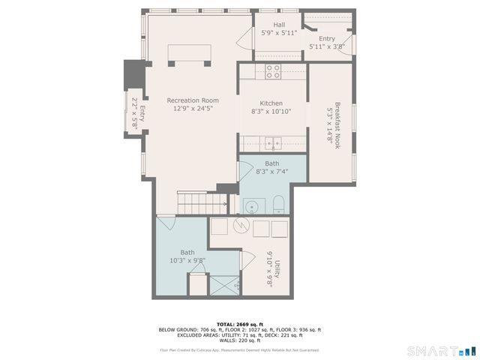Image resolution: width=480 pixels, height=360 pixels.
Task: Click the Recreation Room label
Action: (x=193, y=100)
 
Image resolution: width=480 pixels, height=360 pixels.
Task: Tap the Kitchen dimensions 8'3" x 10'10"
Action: (x=271, y=112)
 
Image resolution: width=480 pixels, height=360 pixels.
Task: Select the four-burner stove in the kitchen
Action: (x=273, y=71)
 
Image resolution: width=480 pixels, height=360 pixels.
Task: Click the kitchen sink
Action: (x=274, y=142)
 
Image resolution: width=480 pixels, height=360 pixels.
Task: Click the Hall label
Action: (x=279, y=25)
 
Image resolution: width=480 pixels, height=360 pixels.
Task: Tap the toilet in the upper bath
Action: (x=277, y=204)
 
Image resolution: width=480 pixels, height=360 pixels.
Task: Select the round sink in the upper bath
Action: (x=251, y=206)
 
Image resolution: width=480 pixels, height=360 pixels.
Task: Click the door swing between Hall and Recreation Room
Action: (x=245, y=41)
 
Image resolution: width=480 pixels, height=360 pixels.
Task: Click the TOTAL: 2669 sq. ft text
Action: (x=240, y=324)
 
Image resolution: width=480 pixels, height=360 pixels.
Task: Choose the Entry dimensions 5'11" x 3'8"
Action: (x=327, y=46)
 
